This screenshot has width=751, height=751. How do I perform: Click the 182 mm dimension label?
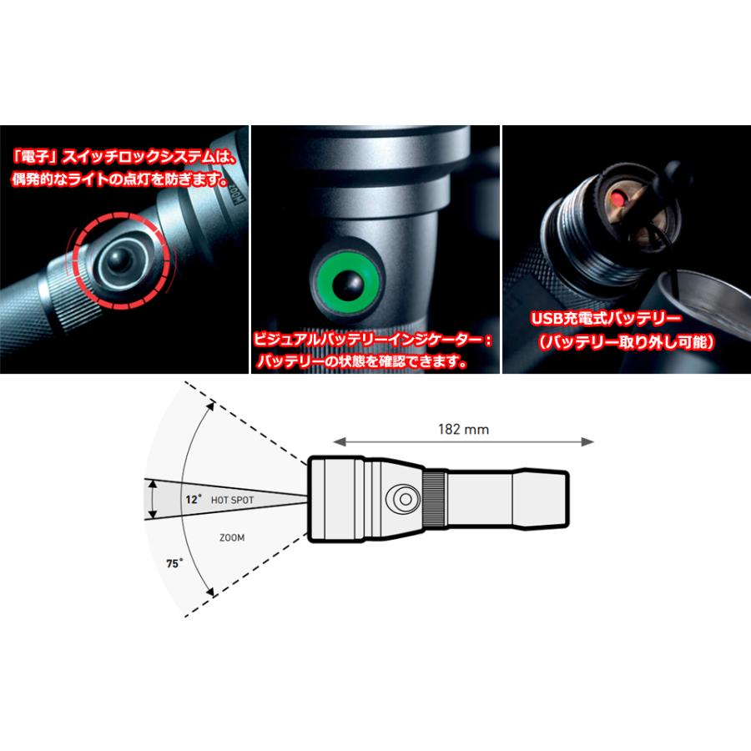point(463,429)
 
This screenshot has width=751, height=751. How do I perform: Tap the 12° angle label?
point(194,500)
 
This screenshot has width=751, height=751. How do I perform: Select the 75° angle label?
point(174,563)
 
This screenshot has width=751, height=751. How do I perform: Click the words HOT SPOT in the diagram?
point(232,500)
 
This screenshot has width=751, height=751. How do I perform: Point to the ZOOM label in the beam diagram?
point(232,538)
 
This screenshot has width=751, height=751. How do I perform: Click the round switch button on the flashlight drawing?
point(406,499)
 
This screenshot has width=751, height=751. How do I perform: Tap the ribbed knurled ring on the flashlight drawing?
point(436,500)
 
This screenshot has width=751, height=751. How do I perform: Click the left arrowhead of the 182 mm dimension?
point(339,441)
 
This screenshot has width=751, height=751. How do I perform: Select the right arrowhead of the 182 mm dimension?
point(587,441)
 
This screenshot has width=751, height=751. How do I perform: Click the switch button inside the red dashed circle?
point(119,260)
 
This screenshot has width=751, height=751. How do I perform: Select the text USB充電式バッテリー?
point(606,319)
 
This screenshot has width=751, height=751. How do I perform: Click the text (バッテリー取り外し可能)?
point(626,342)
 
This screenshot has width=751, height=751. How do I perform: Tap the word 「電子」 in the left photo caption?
point(35,157)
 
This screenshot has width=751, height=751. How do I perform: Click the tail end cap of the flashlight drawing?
point(540,500)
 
